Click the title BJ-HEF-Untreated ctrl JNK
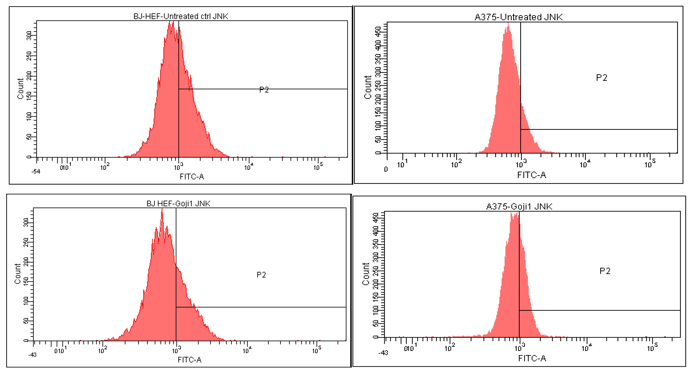point(181,16)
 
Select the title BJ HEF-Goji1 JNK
point(178,204)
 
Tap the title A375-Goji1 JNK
point(519,206)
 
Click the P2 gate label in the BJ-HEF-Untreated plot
point(264,90)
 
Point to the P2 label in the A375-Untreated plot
point(602,78)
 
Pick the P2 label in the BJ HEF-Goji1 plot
point(261,275)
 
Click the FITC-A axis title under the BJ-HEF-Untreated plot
point(192,177)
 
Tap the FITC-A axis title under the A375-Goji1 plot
point(532,358)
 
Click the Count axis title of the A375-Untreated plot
point(368,87)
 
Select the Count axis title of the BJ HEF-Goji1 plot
point(18,273)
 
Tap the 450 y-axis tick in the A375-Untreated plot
point(378,31)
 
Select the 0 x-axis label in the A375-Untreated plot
point(386,169)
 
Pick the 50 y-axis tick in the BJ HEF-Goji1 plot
point(26,321)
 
